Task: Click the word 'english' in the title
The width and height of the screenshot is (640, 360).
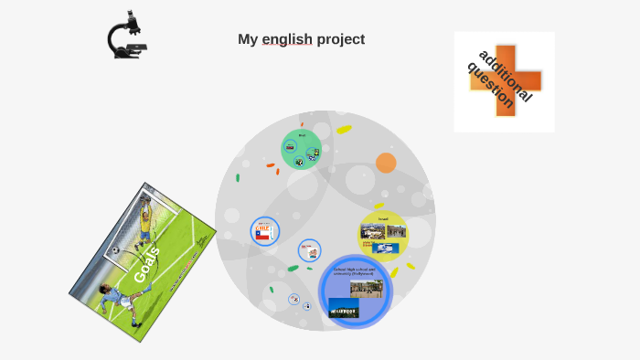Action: (x=287, y=39)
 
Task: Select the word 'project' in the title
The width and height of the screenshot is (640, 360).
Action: (x=341, y=39)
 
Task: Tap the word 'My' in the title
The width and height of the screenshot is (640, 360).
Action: (x=248, y=39)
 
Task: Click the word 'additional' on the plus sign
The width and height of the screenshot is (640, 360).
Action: (x=506, y=75)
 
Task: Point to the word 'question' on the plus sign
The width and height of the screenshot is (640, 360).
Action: (x=492, y=85)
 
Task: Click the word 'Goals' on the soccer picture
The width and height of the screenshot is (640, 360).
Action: (x=147, y=264)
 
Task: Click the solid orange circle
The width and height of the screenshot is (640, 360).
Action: (x=386, y=163)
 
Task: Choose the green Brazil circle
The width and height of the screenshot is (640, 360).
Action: (x=301, y=149)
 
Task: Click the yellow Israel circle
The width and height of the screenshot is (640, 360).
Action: (x=383, y=236)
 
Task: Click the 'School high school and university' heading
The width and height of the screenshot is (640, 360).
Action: (x=356, y=271)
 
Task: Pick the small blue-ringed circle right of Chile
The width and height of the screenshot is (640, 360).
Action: (x=309, y=250)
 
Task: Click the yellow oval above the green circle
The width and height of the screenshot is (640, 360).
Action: (x=344, y=130)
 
